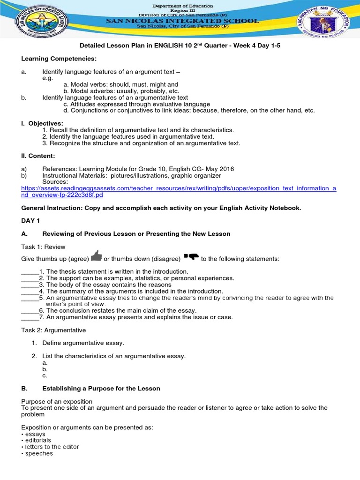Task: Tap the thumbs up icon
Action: click(x=97, y=255)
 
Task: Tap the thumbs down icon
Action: click(x=192, y=256)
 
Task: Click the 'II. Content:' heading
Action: click(x=38, y=155)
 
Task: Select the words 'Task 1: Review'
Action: click(x=43, y=247)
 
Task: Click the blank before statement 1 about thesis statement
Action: click(x=30, y=272)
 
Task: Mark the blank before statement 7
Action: click(x=30, y=317)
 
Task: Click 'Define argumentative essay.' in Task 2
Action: click(x=83, y=343)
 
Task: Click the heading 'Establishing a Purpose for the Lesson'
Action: click(x=101, y=389)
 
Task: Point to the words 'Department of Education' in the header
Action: click(x=183, y=6)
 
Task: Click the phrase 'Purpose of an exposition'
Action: click(x=57, y=402)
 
